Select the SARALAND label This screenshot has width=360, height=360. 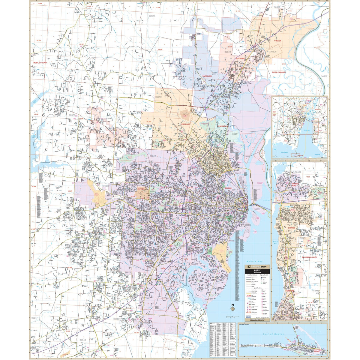(207, 76)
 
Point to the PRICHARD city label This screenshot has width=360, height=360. (186, 124)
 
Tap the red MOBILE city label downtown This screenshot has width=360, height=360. (229, 188)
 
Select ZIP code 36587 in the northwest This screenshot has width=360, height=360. (66, 60)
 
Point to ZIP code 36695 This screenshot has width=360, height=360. (73, 225)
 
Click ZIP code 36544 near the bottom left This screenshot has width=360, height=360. (82, 340)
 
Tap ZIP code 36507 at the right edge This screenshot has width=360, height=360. (324, 76)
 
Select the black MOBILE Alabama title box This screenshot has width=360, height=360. (257, 271)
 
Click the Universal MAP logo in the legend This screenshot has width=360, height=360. (257, 267)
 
